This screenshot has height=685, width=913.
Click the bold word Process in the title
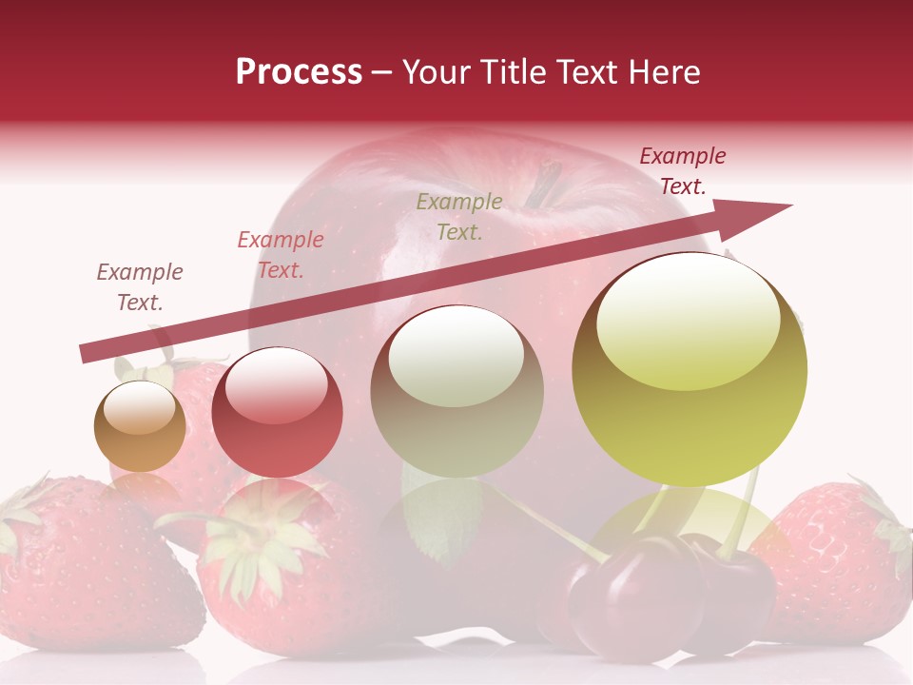tap(299, 72)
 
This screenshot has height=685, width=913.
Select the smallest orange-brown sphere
tap(140, 426)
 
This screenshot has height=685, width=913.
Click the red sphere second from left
tap(277, 412)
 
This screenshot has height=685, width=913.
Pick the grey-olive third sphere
tap(456, 391)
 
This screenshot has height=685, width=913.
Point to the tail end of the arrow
tap(86, 353)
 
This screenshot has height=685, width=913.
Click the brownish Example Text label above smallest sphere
tap(140, 287)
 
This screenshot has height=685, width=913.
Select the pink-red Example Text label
tap(281, 255)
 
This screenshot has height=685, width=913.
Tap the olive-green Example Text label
tap(459, 216)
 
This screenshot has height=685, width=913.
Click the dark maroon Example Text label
tap(683, 171)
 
